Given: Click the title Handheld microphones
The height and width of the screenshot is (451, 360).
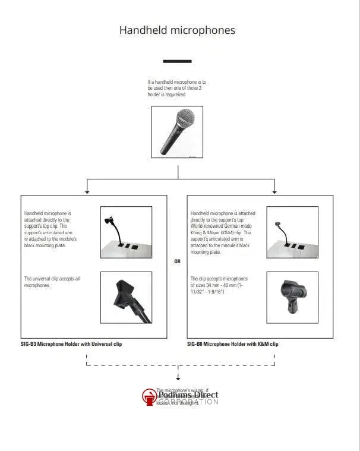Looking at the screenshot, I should point(177,30).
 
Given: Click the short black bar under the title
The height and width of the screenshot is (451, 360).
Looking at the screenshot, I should point(177,61).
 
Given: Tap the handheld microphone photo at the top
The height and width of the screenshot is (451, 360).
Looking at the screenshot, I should point(177,132).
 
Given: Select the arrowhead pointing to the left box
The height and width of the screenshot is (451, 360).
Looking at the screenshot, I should point(87,191).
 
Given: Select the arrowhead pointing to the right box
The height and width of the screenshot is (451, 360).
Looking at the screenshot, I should point(274,191).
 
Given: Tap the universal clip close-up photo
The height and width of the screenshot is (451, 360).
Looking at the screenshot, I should point(126,297).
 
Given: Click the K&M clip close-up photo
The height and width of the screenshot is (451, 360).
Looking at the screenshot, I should point(292,297).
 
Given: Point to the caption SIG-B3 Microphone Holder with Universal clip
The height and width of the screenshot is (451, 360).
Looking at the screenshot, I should point(71,344).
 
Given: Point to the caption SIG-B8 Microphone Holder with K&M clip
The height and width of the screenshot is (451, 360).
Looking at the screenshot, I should point(232,344).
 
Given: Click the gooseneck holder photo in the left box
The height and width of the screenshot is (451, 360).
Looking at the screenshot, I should point(126,232).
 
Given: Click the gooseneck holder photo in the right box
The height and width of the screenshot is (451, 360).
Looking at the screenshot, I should point(292,232).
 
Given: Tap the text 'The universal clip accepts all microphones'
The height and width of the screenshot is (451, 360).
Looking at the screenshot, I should point(52,282).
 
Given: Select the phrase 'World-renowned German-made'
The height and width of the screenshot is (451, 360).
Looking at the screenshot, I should point(221,226).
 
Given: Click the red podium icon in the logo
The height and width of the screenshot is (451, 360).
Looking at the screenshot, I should point(149,397).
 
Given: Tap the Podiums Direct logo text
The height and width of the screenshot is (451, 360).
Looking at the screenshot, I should point(188,395).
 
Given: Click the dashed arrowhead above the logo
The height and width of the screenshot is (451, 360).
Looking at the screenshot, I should point(178,377).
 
